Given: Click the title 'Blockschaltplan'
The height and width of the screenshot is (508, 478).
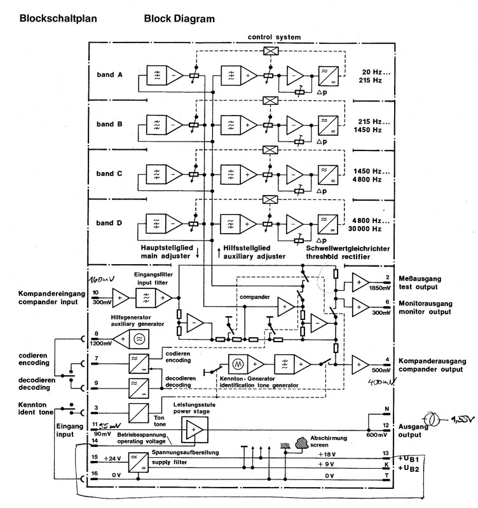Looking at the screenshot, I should coord(58,18).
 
